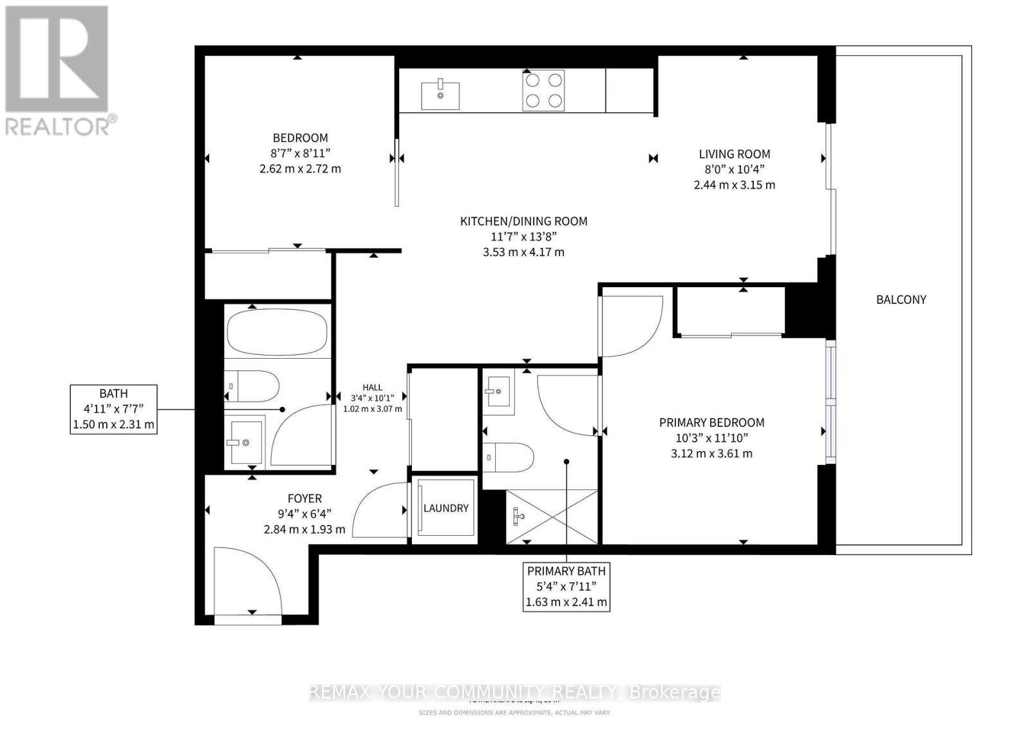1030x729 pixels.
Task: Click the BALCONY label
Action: [901, 299]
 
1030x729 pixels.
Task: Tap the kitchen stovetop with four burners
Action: [543, 91]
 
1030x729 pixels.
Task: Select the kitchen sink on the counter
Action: [440, 95]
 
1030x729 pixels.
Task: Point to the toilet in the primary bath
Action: [509, 458]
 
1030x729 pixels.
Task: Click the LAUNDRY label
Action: [445, 508]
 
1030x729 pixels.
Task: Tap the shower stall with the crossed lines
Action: [552, 517]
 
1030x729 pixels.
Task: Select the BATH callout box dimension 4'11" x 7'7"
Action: [114, 409]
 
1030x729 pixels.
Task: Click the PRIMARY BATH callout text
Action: [566, 571]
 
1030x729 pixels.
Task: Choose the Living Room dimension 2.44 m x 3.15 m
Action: [734, 185]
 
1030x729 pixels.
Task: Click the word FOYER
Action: [304, 498]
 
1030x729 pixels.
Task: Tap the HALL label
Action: [372, 387]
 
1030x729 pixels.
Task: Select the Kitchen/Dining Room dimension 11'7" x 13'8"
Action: [523, 236]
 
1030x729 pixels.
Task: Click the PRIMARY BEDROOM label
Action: [711, 422]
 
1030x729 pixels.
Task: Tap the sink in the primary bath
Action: [498, 391]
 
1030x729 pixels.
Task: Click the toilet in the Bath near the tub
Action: [252, 386]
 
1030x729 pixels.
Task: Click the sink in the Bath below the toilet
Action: [244, 442]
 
